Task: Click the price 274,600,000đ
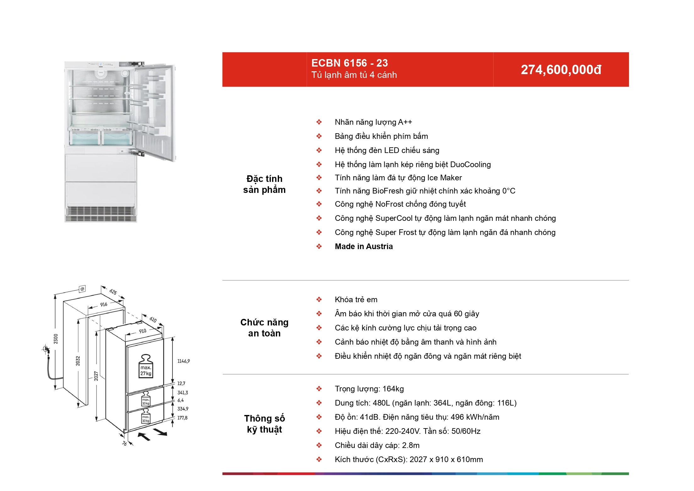point(561,70)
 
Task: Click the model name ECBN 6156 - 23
point(349,63)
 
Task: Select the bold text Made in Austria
point(363,246)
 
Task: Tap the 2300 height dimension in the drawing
point(56,339)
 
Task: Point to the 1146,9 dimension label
point(183,361)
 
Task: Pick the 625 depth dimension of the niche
point(113,292)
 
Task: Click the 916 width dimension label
point(104,304)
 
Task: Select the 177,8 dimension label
point(182,418)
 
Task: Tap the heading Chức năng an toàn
point(264,328)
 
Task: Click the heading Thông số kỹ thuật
point(264,424)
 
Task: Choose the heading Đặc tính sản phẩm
point(264,184)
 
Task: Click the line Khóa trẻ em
point(356,299)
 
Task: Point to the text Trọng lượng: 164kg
point(369,389)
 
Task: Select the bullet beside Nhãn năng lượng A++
point(319,122)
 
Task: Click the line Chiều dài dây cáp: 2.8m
point(377,445)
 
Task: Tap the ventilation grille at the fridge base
point(101,214)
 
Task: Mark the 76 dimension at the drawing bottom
point(124,443)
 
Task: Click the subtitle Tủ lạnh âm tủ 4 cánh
point(354,75)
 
